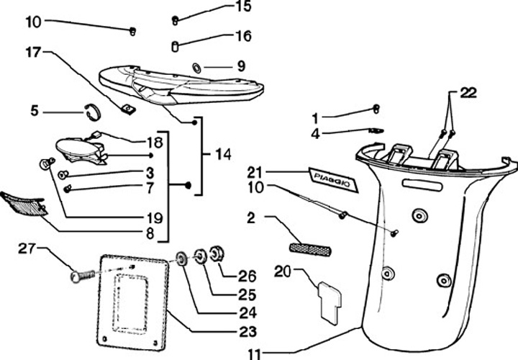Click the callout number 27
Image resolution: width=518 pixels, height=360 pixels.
pyautogui.click(x=27, y=248)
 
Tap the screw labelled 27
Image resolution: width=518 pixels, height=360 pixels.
pyautogui.click(x=83, y=275)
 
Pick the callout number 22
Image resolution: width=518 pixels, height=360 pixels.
pyautogui.click(x=468, y=92)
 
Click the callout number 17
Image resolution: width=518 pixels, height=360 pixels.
pyautogui.click(x=35, y=51)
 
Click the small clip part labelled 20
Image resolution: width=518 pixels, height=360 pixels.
pyautogui.click(x=329, y=297)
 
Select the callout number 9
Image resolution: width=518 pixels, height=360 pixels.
pyautogui.click(x=241, y=66)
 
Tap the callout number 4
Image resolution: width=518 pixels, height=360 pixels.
pyautogui.click(x=315, y=132)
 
